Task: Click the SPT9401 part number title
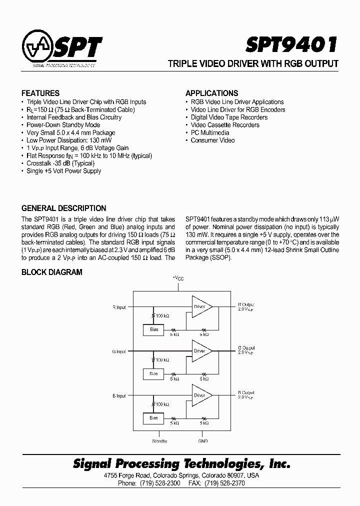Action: click(x=291, y=45)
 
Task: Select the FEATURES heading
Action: click(x=40, y=93)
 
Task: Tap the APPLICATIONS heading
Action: click(x=211, y=93)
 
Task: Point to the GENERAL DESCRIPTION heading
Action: click(x=63, y=208)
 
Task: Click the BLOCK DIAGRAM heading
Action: click(x=51, y=272)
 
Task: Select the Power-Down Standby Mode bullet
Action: click(x=63, y=125)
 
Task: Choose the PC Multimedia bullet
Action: click(x=210, y=132)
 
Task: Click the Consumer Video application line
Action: click(x=212, y=140)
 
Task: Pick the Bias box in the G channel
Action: click(x=153, y=373)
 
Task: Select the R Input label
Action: click(x=119, y=307)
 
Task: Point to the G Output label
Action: click(x=246, y=347)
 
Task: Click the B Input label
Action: click(x=119, y=396)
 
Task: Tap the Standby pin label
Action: click(x=159, y=441)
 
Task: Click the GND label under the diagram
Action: click(x=202, y=441)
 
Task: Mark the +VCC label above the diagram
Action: click(x=178, y=278)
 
